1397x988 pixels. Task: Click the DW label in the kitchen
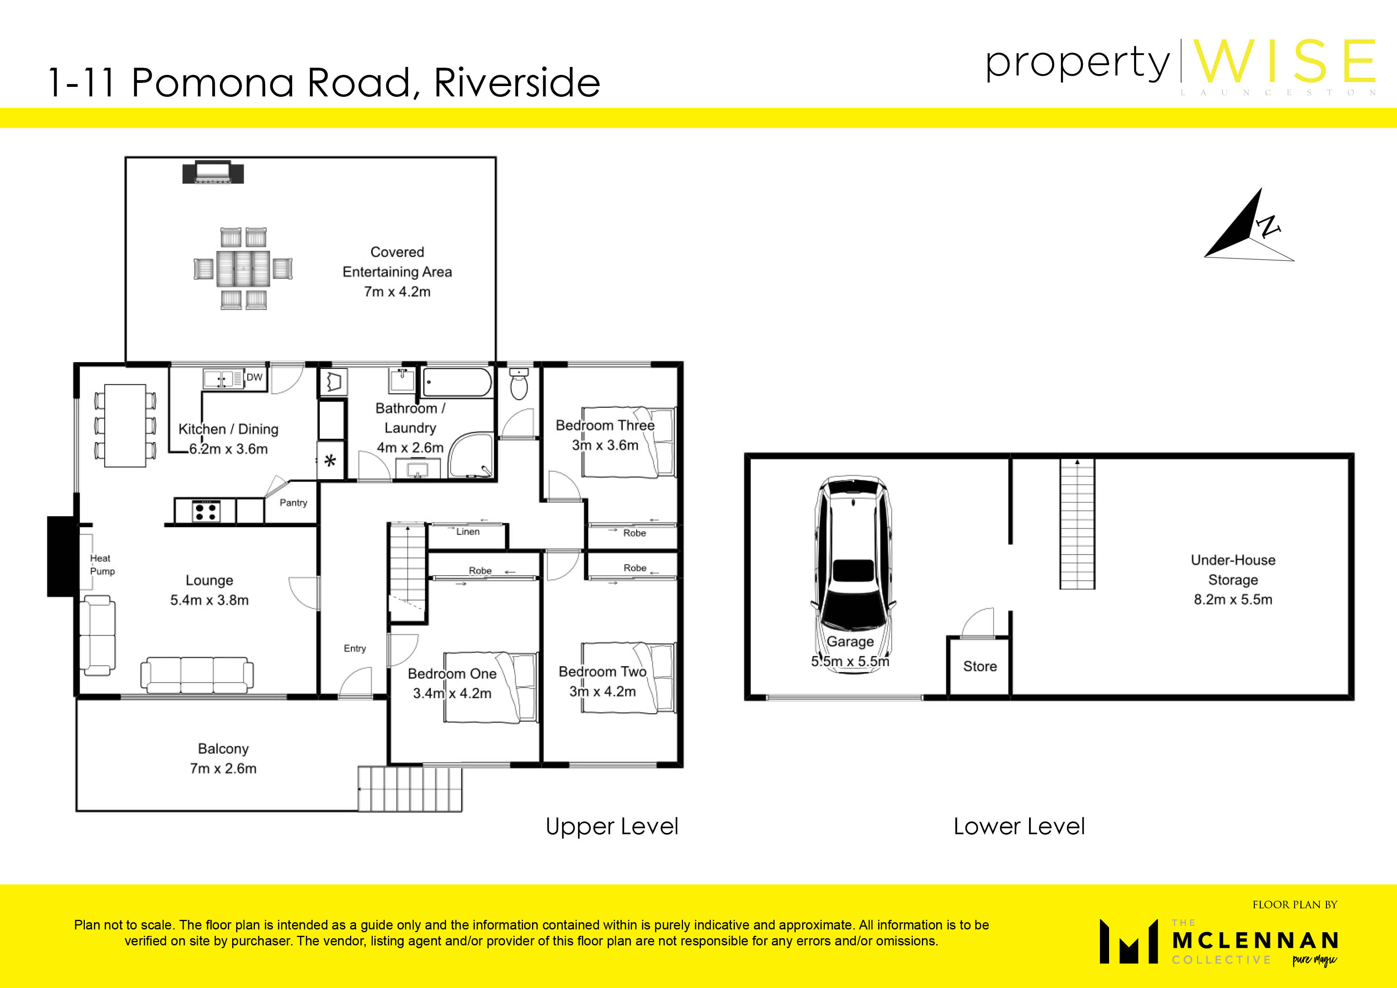click(254, 377)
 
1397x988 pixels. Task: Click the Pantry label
click(293, 503)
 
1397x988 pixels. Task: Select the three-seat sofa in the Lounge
click(197, 674)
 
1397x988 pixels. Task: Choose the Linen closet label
click(468, 531)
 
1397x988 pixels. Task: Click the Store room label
click(980, 666)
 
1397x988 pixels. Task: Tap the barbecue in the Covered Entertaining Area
click(213, 172)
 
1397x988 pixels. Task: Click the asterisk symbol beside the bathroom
click(331, 461)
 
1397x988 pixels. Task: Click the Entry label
click(355, 648)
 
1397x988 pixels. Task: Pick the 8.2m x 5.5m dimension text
click(1233, 599)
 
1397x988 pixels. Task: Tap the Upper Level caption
click(612, 826)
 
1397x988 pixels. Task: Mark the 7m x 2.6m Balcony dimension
click(223, 768)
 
